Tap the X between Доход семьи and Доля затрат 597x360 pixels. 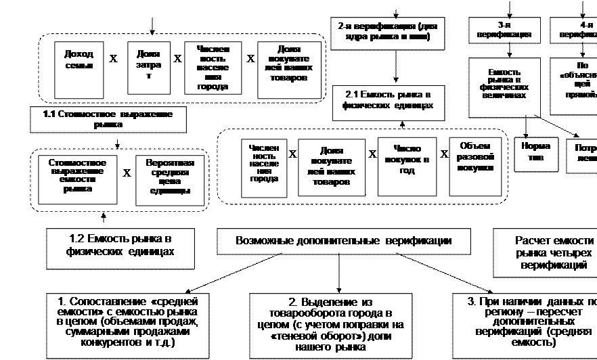(x=113, y=59)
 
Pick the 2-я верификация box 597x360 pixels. (x=388, y=32)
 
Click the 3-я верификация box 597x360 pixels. (x=503, y=30)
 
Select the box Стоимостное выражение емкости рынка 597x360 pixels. (x=77, y=180)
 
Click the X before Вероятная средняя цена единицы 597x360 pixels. (x=127, y=173)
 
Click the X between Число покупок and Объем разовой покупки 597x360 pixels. (x=444, y=154)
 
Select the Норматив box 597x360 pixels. (x=536, y=154)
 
